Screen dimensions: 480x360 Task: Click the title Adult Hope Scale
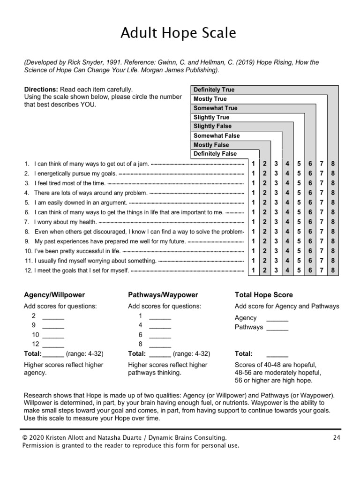click(178, 33)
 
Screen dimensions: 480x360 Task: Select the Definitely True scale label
click(214, 90)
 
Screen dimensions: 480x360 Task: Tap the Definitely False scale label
click(215, 154)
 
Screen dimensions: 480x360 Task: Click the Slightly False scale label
click(212, 126)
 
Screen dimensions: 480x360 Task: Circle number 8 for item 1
click(333, 164)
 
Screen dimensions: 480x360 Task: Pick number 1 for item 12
click(253, 270)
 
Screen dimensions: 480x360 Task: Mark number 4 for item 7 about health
click(287, 222)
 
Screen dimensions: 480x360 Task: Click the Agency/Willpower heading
click(54, 295)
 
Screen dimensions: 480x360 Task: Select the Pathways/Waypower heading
click(163, 295)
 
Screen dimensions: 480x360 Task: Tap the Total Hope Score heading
click(263, 295)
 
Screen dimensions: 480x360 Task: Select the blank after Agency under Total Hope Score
click(277, 319)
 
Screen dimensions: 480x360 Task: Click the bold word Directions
click(41, 89)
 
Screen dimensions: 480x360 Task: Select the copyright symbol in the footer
click(25, 437)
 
